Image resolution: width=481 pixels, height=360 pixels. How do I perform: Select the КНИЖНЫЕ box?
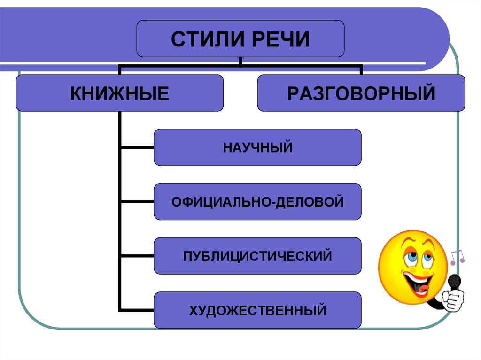tap(120, 93)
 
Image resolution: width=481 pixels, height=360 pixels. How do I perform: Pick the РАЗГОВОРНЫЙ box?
tap(361, 93)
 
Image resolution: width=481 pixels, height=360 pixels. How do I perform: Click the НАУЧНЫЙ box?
tap(257, 148)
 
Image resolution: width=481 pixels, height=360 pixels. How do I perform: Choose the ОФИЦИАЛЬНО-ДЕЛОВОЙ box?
tap(257, 202)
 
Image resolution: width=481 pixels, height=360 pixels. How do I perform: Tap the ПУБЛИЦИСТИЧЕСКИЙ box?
tap(257, 256)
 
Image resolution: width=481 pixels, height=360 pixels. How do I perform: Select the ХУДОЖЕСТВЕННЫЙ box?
tap(257, 310)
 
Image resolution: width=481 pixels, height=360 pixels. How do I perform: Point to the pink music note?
tap(457, 256)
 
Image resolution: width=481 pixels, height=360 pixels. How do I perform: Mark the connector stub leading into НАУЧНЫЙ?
tap(137, 148)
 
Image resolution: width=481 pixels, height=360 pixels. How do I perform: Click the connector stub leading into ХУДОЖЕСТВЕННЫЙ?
tap(137, 310)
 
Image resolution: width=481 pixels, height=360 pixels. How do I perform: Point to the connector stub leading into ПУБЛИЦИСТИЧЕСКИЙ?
tap(137, 256)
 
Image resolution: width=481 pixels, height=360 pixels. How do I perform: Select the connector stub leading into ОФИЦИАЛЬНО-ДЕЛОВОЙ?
tap(137, 202)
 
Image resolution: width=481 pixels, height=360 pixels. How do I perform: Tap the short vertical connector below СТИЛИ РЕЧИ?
tap(240, 61)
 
